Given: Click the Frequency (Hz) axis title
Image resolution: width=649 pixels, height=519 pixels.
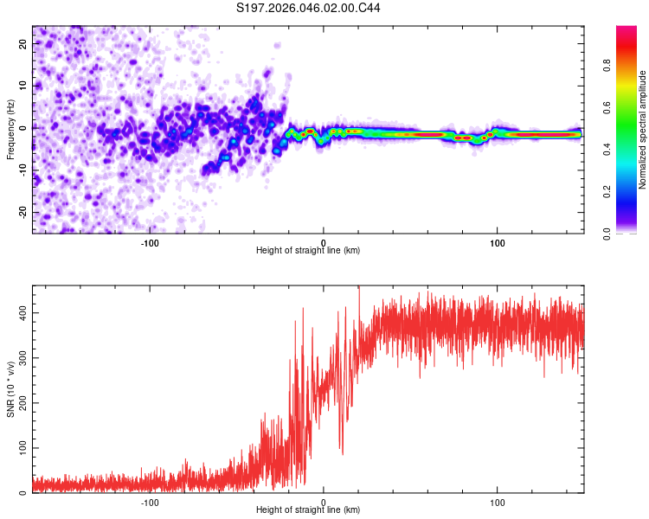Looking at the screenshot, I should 10,130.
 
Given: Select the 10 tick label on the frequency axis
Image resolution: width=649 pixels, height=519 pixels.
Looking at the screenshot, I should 23,85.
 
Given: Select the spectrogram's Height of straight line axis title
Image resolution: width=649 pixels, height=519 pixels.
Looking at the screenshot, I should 308,250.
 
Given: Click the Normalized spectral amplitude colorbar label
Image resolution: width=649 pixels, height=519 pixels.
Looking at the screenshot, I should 643,130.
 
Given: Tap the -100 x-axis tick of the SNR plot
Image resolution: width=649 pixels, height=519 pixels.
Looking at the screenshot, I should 149,501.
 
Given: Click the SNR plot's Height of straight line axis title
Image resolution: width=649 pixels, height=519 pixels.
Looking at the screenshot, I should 308,510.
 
